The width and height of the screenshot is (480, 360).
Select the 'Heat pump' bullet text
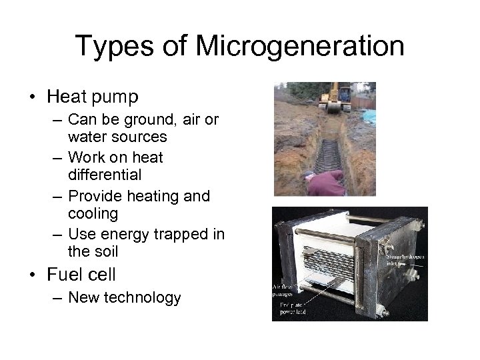[93, 97]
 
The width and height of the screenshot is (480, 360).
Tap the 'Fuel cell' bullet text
[81, 274]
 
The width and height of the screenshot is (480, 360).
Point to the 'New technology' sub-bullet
[124, 297]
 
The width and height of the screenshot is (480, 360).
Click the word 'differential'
[104, 175]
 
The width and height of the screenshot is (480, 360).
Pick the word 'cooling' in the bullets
[93, 214]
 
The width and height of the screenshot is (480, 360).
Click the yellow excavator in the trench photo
[335, 96]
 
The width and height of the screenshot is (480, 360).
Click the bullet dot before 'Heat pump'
[33, 97]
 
